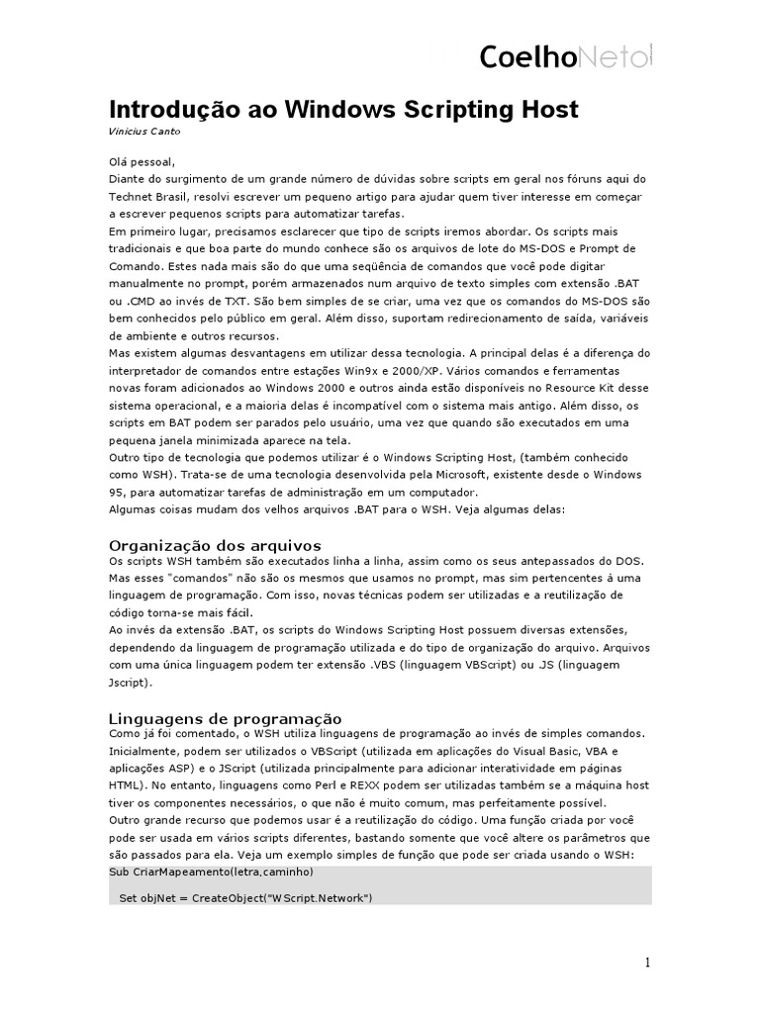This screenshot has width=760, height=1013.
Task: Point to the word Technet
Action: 133,196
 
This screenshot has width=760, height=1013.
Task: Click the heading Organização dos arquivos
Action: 215,545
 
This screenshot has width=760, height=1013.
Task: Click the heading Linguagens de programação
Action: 225,717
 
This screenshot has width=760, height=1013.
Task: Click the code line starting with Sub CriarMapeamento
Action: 212,872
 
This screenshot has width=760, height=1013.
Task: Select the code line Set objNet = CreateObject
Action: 245,897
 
